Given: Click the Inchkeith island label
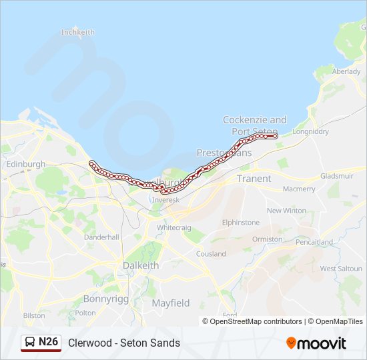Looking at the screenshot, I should (x=78, y=32).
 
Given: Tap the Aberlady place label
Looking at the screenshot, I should (x=346, y=71).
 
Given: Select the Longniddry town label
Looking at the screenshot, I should (x=311, y=131).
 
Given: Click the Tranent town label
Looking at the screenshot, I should (x=254, y=179).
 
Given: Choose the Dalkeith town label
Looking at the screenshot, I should (x=141, y=265).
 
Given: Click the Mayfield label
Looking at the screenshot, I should (x=170, y=303).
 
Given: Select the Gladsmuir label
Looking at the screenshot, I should (x=336, y=176).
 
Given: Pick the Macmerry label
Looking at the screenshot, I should (x=299, y=189).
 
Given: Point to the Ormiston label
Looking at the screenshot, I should (x=267, y=239).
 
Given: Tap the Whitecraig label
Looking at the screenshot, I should (x=173, y=227).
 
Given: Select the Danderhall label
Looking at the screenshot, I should (x=101, y=237).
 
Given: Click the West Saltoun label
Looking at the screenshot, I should (x=341, y=269).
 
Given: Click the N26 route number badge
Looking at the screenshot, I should (x=48, y=342).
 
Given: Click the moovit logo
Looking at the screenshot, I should (x=316, y=343).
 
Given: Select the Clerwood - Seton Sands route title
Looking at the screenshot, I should (x=123, y=343).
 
